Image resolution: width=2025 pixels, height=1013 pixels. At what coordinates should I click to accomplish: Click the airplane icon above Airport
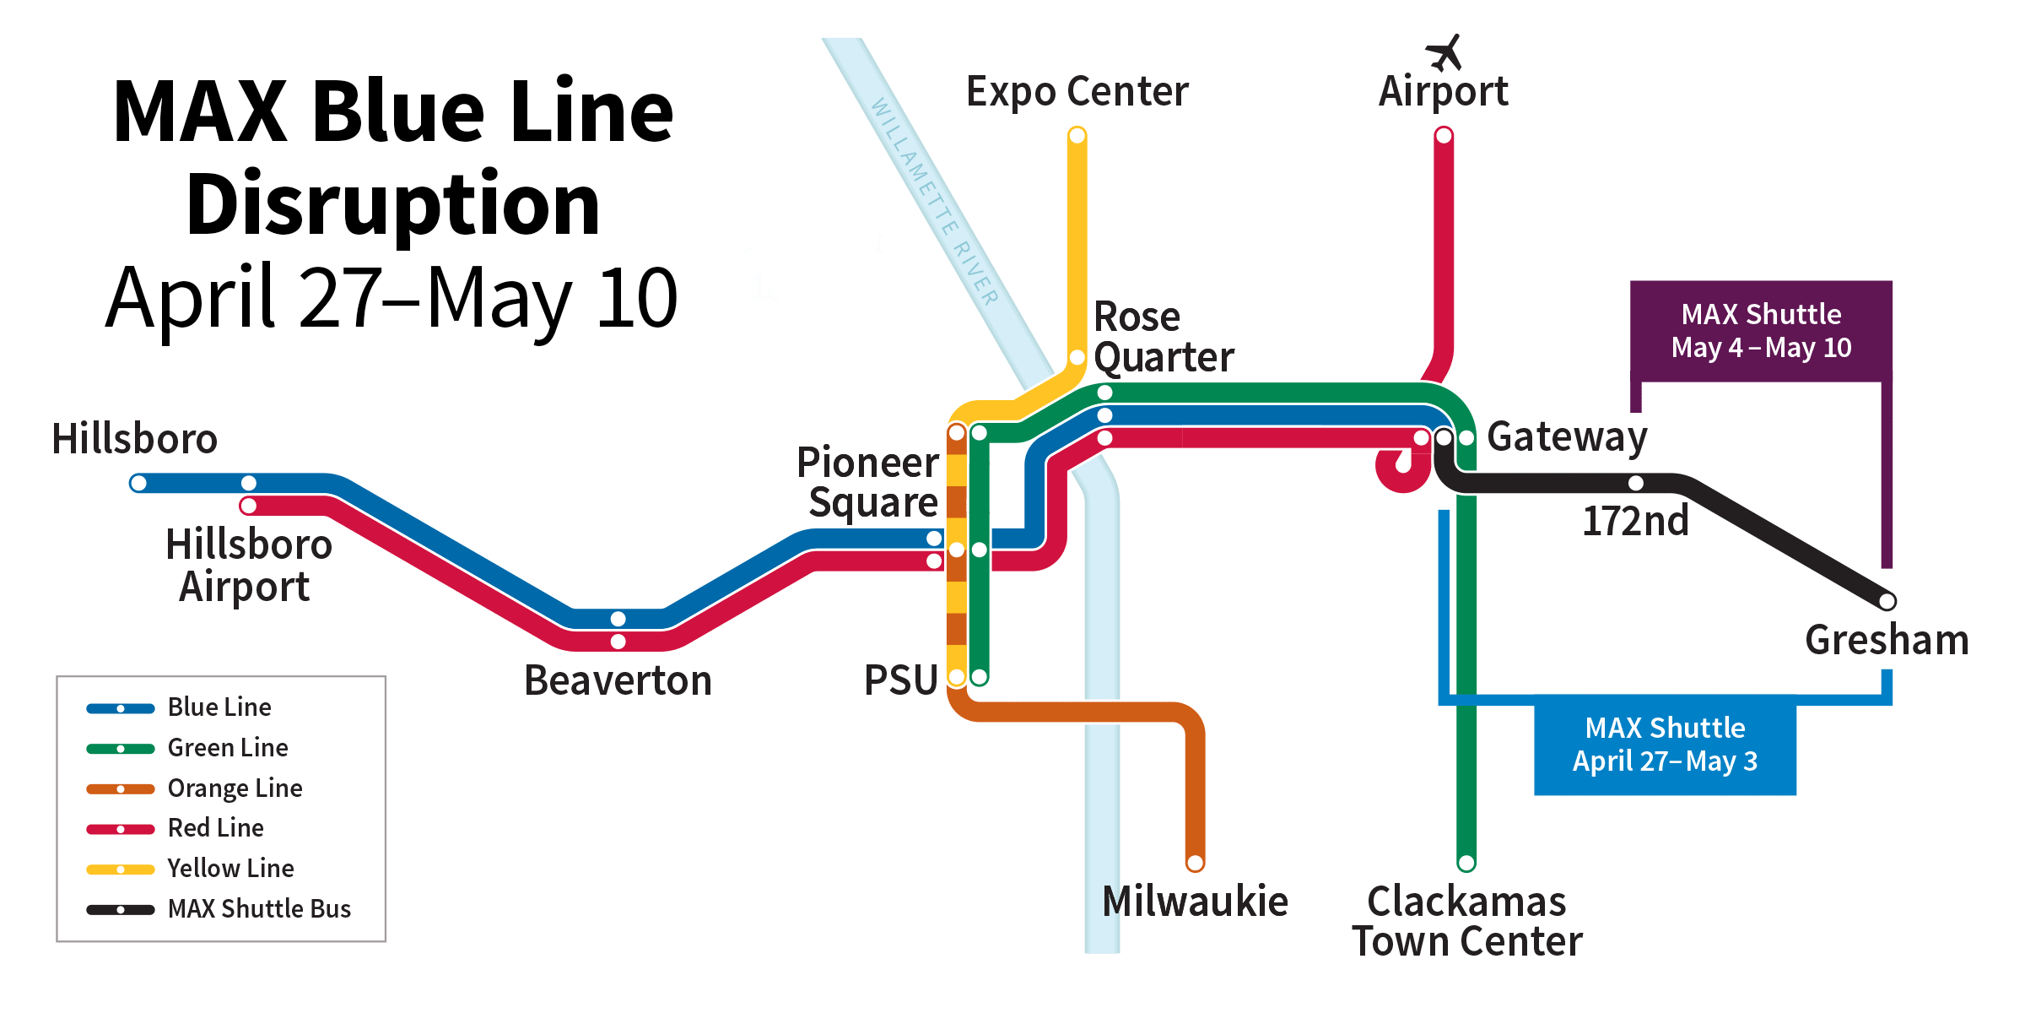(x=1444, y=52)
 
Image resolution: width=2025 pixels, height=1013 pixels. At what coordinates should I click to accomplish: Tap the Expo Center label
(x=1077, y=91)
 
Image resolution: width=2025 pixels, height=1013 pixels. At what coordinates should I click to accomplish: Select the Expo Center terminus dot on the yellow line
(x=1077, y=135)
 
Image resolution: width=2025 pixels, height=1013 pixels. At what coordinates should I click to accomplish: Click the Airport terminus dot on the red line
(x=1444, y=135)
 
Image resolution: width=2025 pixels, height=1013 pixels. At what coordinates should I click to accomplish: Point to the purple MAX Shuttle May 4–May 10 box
(x=1761, y=330)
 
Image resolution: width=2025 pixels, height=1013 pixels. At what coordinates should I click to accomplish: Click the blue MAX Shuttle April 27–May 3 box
(x=1665, y=745)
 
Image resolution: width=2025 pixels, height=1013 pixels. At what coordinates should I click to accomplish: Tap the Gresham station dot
(x=1887, y=601)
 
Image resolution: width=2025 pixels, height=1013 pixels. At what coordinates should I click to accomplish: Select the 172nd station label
(x=1635, y=521)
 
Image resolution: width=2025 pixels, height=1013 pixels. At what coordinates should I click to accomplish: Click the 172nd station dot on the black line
(x=1636, y=483)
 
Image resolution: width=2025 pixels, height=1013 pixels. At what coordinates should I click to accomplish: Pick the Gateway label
(x=1567, y=437)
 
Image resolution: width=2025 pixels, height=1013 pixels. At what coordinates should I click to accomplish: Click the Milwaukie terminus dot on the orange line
(x=1195, y=863)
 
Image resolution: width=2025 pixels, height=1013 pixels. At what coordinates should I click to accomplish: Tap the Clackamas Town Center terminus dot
(x=1466, y=863)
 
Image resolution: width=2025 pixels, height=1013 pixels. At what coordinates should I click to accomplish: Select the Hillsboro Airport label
(x=248, y=565)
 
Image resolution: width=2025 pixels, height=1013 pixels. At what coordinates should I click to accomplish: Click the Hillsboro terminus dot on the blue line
(x=138, y=483)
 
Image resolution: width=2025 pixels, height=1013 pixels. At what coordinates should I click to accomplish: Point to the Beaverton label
(x=618, y=680)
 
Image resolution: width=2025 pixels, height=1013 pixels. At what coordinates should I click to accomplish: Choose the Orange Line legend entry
(x=235, y=788)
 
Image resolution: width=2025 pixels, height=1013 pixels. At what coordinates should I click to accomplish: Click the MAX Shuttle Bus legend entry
(x=258, y=909)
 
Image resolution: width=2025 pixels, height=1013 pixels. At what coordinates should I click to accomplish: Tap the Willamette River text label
(x=935, y=201)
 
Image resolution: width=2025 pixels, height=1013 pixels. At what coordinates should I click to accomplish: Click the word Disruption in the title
(x=393, y=204)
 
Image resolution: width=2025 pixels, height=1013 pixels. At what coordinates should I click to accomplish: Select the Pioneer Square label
(x=869, y=482)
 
